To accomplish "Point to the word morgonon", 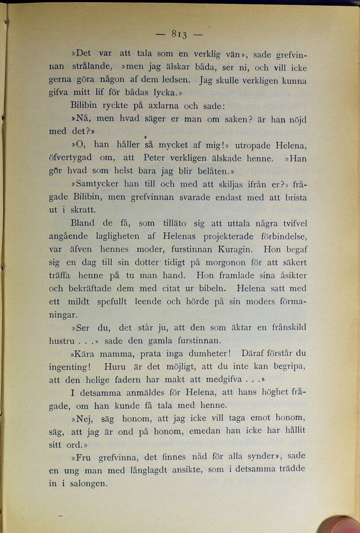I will click(x=239, y=262).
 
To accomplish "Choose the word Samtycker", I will click(x=96, y=184).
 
